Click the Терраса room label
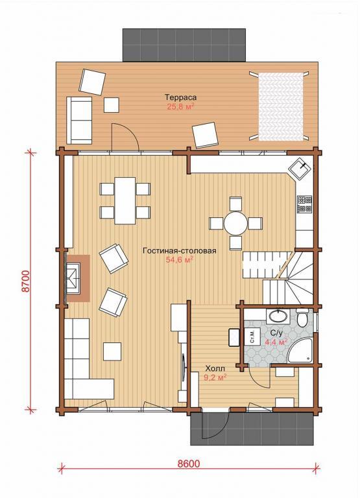coord(180,97)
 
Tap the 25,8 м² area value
coord(180,106)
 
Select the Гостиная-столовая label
coord(180,250)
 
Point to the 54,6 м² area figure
coord(180,261)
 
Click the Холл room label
coord(215,369)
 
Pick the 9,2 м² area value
coord(215,377)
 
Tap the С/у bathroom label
coord(276,333)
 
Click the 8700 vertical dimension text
coord(27,281)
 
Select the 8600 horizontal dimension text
coord(188,464)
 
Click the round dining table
coord(235,223)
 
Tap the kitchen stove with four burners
coord(304,204)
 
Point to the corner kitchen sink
coord(300,169)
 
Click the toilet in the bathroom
coord(302,317)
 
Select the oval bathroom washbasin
coord(278,316)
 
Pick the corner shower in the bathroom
coord(300,351)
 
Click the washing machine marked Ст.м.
coord(253,337)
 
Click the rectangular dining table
coord(125,200)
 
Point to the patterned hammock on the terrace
coord(281,106)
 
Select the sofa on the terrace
coord(79,120)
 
